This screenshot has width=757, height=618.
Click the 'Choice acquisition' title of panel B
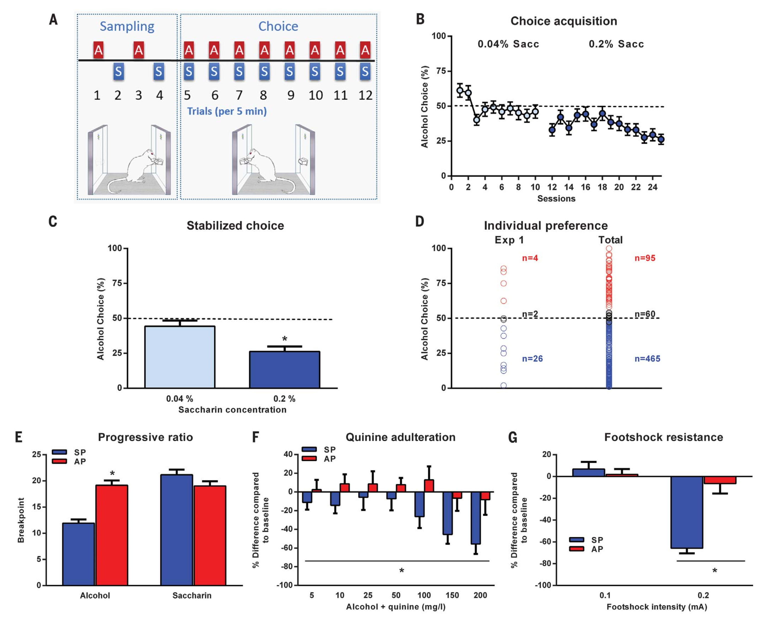click(563, 21)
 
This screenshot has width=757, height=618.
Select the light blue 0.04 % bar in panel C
click(180, 357)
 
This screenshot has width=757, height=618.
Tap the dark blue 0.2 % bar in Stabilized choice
click(284, 369)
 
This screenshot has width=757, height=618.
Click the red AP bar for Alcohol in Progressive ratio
click(112, 535)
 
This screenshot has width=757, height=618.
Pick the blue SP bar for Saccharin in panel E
click(177, 530)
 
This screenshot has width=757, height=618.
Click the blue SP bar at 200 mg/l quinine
click(476, 518)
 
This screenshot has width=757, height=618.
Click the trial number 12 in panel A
click(366, 95)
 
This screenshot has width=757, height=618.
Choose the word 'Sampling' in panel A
click(127, 26)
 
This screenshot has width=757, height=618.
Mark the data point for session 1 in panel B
click(460, 90)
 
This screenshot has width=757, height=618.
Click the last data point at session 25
click(661, 140)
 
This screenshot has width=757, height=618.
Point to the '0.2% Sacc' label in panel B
click(616, 44)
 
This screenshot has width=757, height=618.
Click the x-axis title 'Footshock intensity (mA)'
click(657, 607)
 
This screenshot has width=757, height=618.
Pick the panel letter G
click(513, 438)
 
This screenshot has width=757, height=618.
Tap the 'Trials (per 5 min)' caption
click(227, 111)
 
